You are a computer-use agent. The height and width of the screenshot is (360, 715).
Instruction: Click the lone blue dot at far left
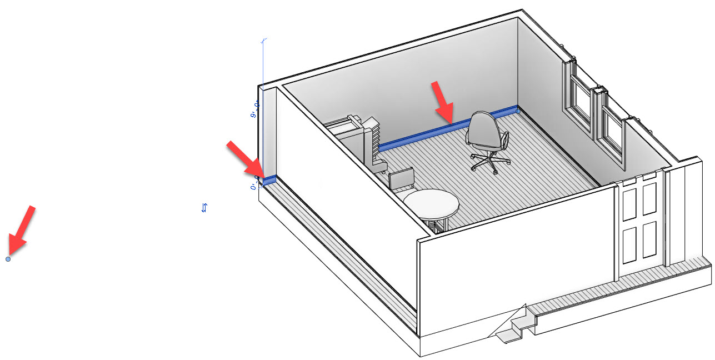coord(8,259)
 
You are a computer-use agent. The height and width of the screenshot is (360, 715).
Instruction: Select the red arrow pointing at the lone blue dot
coord(22,228)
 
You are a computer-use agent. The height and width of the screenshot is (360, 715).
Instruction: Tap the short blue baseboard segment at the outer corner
coord(269,180)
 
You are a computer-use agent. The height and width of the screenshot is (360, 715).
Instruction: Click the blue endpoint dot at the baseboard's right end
coord(518,111)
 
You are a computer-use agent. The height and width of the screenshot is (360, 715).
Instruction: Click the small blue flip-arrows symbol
coord(204,208)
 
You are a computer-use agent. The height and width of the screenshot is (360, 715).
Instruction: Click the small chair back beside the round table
coord(402,180)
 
